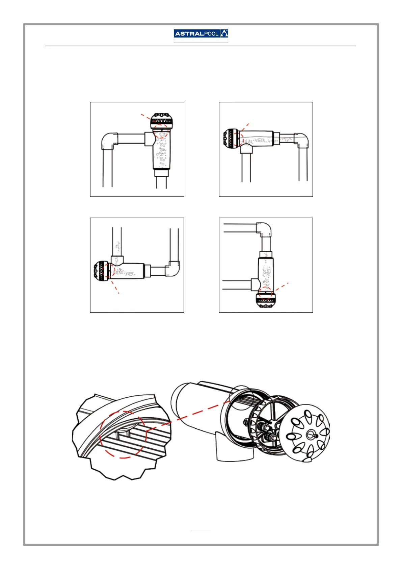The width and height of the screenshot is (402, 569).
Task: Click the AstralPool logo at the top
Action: point(201,33)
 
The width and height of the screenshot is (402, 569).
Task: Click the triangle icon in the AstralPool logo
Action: point(224,33)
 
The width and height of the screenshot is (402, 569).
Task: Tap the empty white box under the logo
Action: point(201,41)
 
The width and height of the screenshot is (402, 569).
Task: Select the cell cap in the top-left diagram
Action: point(162,121)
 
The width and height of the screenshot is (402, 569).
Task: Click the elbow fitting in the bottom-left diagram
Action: point(173,269)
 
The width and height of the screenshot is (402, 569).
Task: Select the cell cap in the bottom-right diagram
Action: point(266,301)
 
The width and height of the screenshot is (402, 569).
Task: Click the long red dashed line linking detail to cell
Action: point(196,414)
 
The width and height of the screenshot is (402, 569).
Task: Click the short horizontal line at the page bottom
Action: point(201,530)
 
